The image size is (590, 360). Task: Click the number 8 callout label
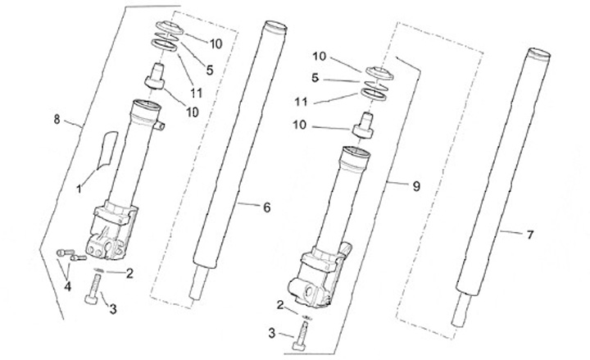[x=57, y=120]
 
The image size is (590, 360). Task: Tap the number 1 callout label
[x=79, y=189]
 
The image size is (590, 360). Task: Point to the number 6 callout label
[x=266, y=208]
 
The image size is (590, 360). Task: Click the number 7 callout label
[x=529, y=235]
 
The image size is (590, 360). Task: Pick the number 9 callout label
[x=415, y=187]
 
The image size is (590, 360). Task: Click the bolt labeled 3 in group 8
[x=93, y=290]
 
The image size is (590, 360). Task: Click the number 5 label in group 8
[x=210, y=71]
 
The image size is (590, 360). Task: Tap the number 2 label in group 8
[x=129, y=274]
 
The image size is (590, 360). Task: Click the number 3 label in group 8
[x=114, y=308]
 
